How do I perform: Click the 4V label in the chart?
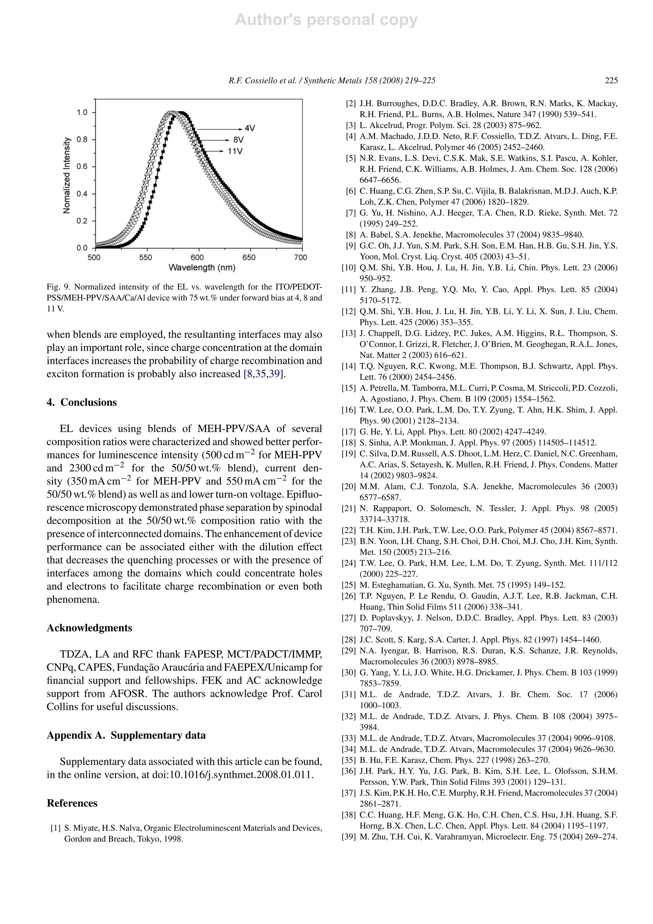pyautogui.click(x=249, y=128)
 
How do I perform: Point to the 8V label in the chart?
pyautogui.click(x=238, y=140)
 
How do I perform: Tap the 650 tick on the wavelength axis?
pyautogui.click(x=249, y=257)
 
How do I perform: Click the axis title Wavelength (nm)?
pyautogui.click(x=202, y=268)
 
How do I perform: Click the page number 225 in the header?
pyautogui.click(x=611, y=80)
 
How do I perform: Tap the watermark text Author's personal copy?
pyautogui.click(x=326, y=20)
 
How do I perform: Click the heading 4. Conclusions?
pyautogui.click(x=82, y=402)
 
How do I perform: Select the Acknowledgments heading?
pyautogui.click(x=89, y=628)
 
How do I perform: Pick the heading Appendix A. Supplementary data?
pyautogui.click(x=126, y=735)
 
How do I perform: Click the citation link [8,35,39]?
pyautogui.click(x=265, y=374)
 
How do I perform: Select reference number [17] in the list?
pyautogui.click(x=349, y=432)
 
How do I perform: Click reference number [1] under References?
pyautogui.click(x=55, y=828)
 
